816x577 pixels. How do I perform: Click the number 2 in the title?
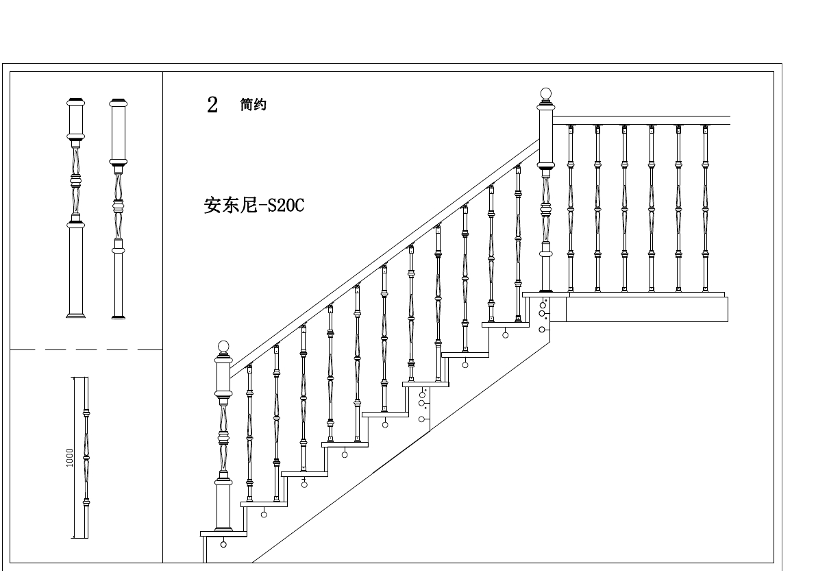(x=212, y=105)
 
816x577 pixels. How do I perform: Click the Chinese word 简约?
(x=253, y=105)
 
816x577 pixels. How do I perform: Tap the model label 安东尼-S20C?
(x=254, y=206)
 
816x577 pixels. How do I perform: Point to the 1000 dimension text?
(x=70, y=458)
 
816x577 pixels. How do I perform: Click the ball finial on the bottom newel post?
(x=223, y=346)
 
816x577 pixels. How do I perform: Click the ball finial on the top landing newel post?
(x=545, y=93)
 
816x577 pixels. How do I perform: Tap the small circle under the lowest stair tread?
(x=223, y=545)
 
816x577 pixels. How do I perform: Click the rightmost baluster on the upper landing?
(x=705, y=206)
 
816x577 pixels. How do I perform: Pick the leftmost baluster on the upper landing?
(x=570, y=206)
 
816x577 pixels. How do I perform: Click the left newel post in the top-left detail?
(x=76, y=206)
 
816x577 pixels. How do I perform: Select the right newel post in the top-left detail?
(x=119, y=206)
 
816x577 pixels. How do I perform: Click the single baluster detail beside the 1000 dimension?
(x=86, y=458)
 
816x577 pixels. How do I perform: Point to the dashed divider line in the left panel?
(x=86, y=349)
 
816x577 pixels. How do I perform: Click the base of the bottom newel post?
(x=223, y=528)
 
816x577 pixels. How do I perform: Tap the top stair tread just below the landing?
(x=506, y=324)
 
